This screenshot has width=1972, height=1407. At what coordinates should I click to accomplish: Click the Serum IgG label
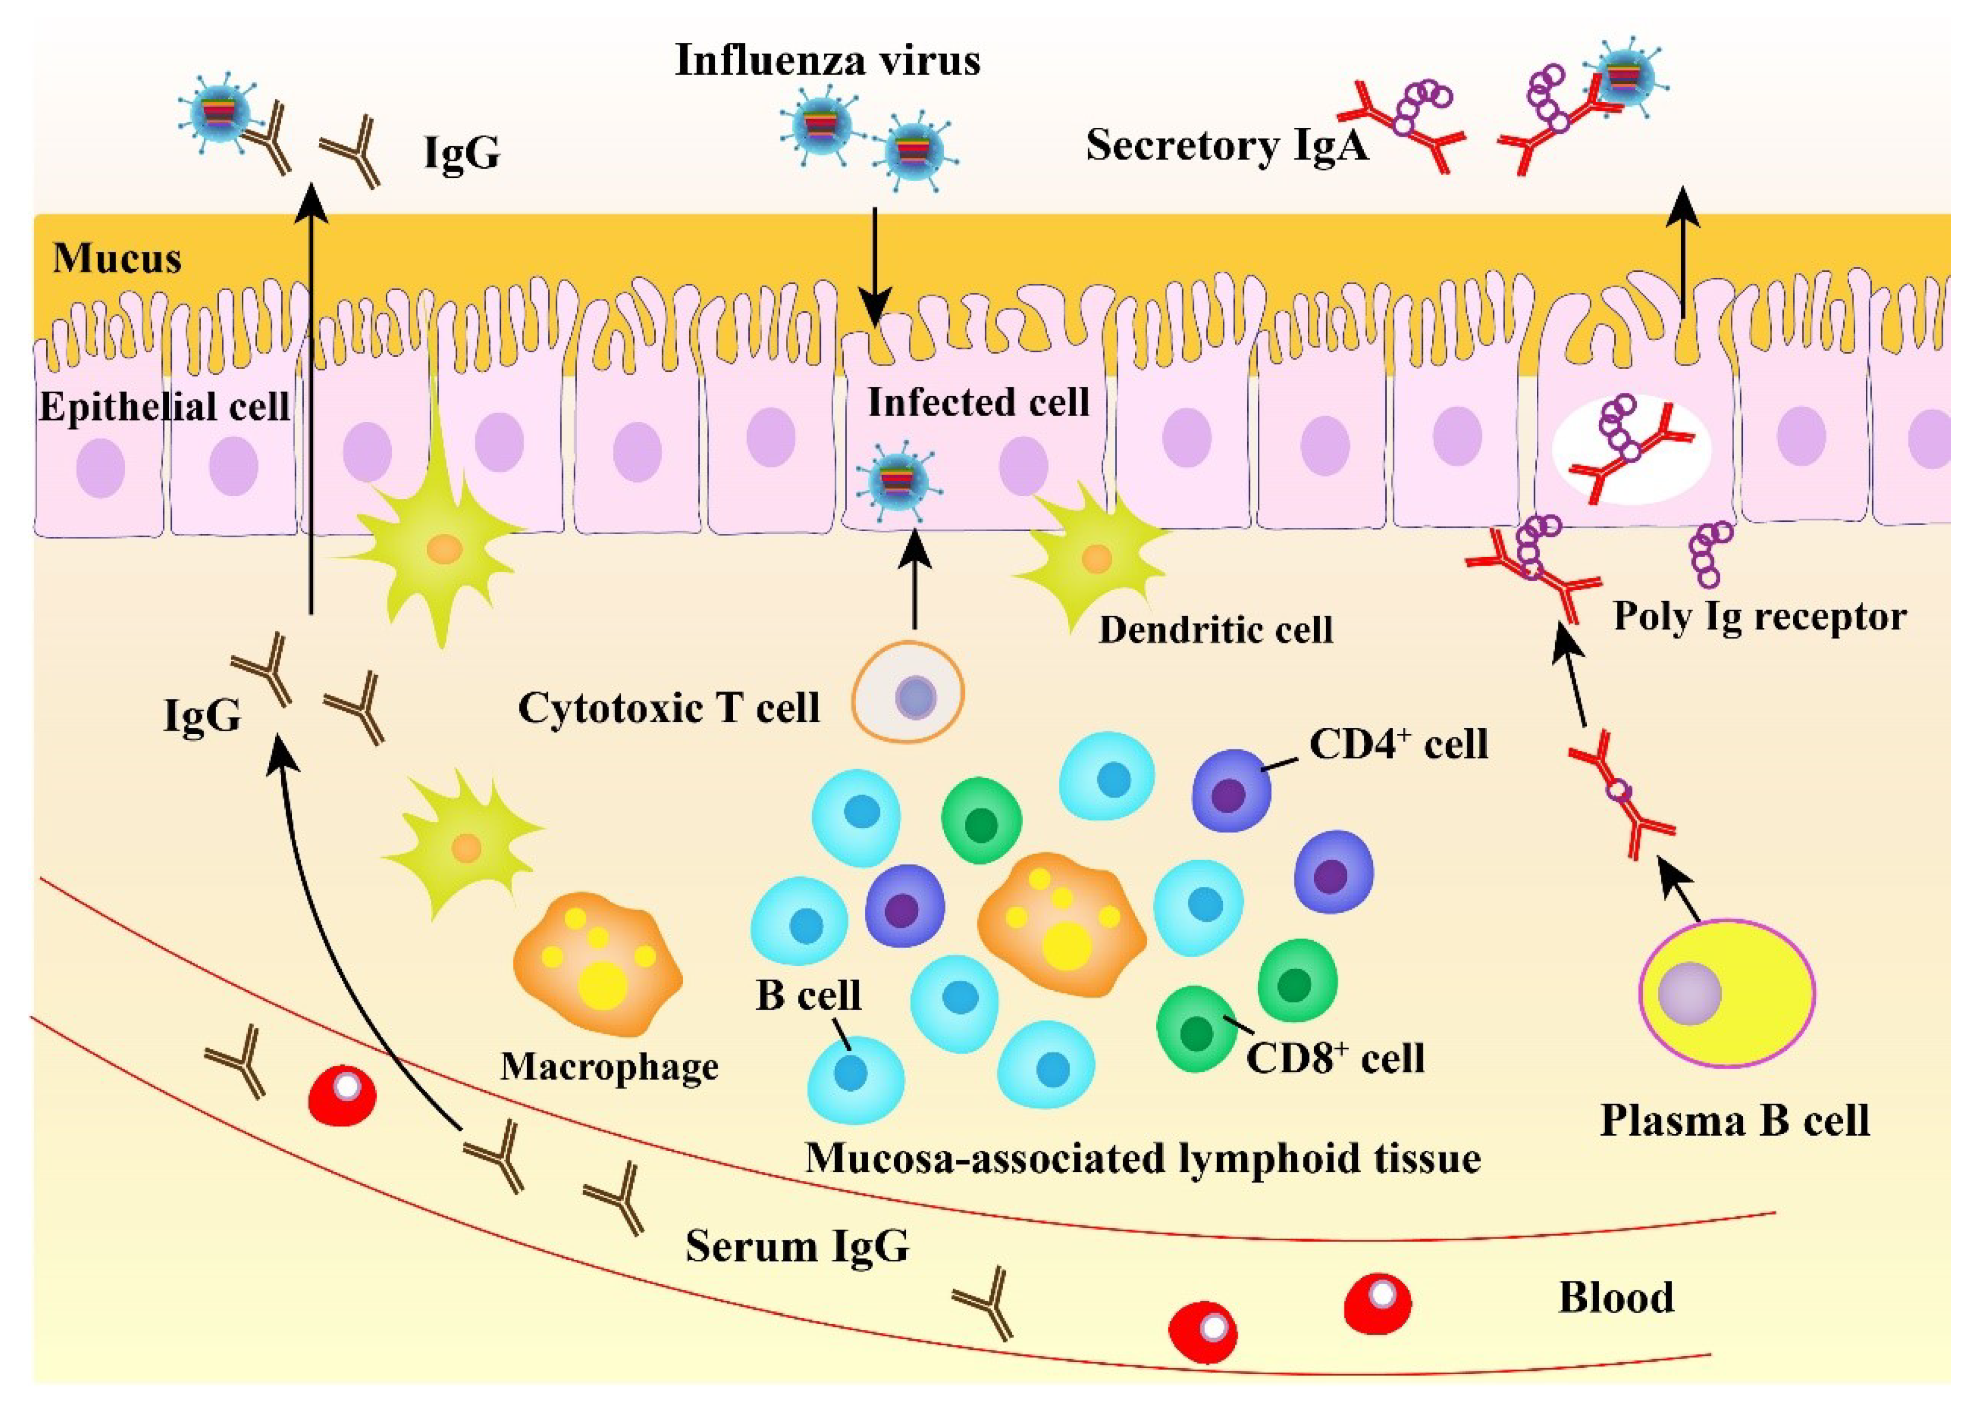[x=797, y=1246]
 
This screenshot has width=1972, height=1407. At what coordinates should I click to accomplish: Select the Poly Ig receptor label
[x=1759, y=617]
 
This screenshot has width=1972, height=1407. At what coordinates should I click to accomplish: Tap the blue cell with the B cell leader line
[x=854, y=1078]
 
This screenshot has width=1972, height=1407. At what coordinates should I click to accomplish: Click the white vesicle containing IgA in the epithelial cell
[x=1631, y=451]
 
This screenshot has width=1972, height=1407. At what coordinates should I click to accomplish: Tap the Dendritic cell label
[x=1215, y=630]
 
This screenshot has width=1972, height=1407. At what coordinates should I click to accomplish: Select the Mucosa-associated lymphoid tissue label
[x=1142, y=1159]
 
